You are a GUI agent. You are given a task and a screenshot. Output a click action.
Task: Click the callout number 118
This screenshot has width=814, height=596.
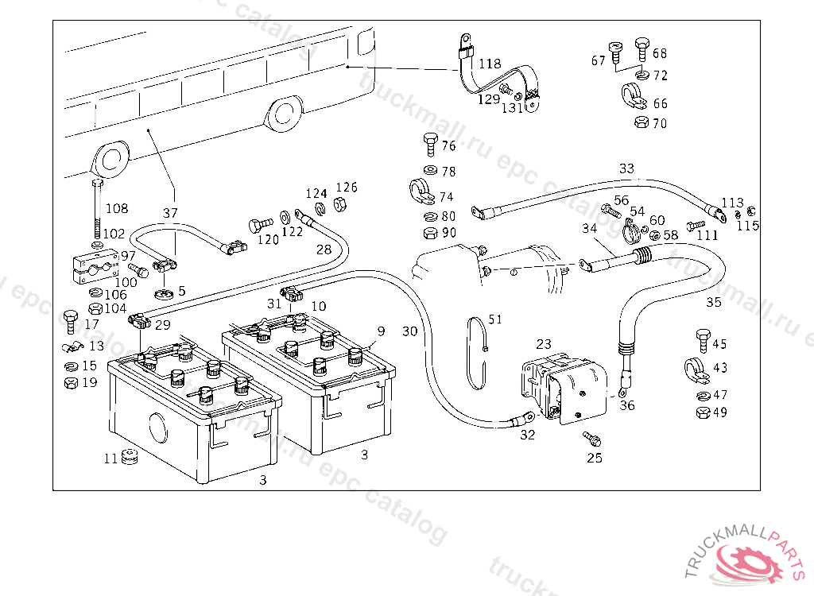pos(490,64)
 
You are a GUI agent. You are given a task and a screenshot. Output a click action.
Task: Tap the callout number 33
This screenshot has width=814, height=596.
pos(627,168)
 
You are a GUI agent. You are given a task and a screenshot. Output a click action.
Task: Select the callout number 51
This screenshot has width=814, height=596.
pos(495,319)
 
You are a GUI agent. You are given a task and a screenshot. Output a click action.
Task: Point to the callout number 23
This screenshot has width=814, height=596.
pos(544,344)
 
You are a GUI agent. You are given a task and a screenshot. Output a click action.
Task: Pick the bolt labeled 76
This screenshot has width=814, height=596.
pos(428,145)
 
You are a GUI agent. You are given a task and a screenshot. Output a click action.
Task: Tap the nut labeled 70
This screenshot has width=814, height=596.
pos(640,123)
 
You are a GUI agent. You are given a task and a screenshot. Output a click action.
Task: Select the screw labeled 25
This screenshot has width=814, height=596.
pos(591,438)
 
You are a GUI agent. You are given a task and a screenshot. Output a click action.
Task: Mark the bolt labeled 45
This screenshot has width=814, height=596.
pos(703,340)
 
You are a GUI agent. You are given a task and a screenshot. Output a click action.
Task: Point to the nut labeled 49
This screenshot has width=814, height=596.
pos(702,412)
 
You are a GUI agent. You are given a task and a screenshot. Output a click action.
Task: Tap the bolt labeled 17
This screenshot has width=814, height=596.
pos(70,320)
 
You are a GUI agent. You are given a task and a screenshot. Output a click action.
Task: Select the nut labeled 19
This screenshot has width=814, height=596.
pos(70,381)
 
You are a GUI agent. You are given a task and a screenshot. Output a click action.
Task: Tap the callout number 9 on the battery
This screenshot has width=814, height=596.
pos(381,330)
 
